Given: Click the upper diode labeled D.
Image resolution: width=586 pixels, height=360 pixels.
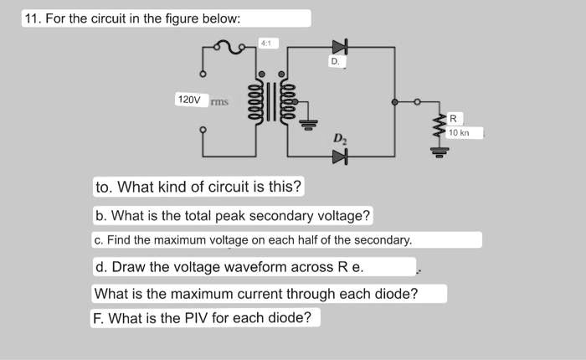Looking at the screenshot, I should coord(339,47).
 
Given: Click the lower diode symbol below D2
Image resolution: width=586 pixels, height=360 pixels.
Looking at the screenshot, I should coord(339,156).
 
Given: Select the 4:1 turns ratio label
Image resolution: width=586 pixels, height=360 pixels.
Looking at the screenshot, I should coord(265,42).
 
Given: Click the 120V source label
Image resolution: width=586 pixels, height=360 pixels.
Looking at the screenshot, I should coord(189,100).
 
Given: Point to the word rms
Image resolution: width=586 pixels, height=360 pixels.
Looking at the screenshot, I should coord(219,102).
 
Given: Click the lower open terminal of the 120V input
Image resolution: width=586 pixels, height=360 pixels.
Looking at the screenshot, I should coord(202,130).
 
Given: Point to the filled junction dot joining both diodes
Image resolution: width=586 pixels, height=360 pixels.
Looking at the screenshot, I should coord(395,102).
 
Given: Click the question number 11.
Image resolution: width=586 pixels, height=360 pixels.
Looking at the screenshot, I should coord(33,18).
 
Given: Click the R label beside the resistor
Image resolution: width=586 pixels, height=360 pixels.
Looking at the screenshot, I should coord(453,120).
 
